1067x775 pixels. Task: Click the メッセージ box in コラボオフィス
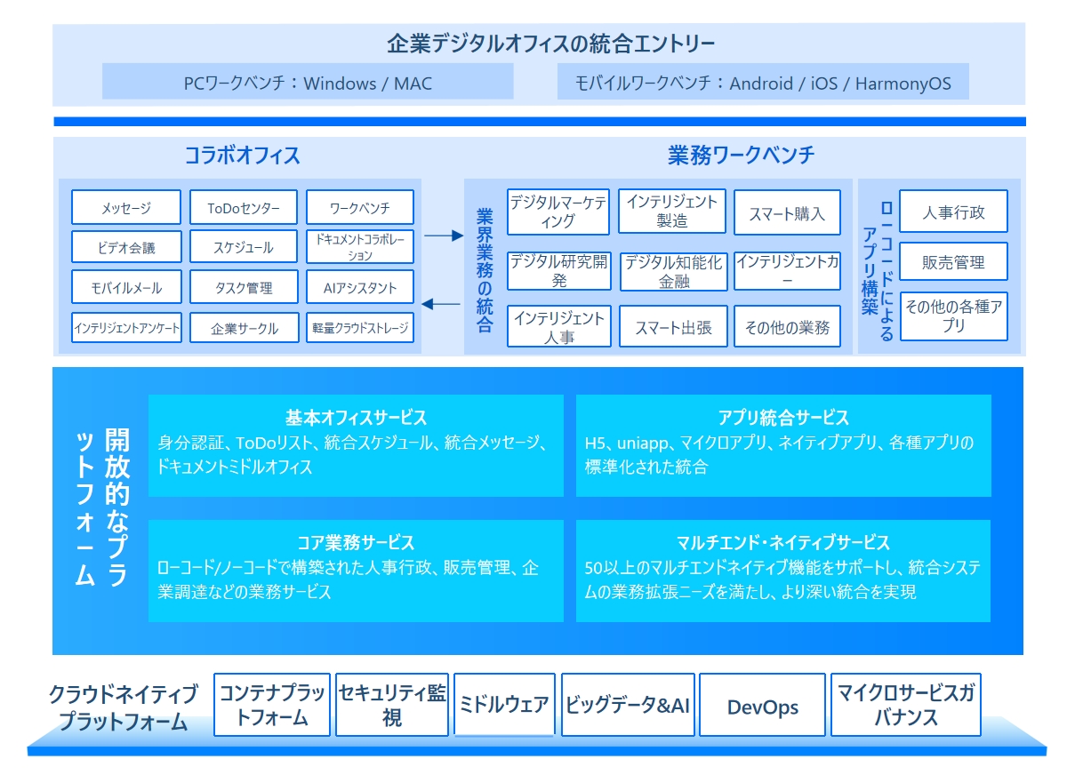126,207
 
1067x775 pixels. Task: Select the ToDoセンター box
244,207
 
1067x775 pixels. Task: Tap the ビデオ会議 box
126,246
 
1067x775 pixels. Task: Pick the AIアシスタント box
360,287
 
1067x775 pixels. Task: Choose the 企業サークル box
244,328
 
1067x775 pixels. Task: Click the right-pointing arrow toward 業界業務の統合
444,236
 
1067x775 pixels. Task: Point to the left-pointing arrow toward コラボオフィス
441,304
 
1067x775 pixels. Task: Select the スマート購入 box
787,212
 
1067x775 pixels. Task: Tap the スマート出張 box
673,326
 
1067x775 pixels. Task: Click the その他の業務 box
787,326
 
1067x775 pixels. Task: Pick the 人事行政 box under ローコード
953,212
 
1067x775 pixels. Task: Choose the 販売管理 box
953,261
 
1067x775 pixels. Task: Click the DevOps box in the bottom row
762,706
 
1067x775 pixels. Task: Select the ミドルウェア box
504,706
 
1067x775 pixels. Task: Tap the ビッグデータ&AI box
628,706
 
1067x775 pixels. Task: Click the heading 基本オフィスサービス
356,418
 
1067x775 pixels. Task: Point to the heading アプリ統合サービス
783,418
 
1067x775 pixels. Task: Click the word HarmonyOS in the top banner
903,84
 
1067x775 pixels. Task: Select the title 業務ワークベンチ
742,156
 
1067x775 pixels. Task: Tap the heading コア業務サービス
356,542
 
